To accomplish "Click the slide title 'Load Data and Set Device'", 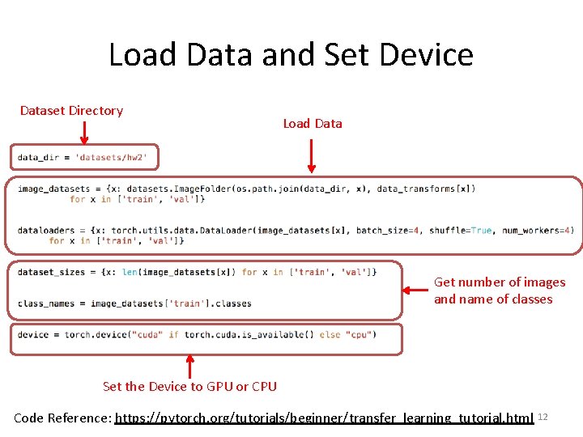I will [291, 55].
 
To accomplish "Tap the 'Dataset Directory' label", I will [71, 111].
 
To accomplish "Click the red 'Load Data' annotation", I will [313, 124].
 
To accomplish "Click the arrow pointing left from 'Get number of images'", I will [416, 289].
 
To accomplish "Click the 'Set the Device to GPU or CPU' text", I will [189, 387].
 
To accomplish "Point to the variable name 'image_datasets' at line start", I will [53, 189].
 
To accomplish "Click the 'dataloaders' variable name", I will [45, 231].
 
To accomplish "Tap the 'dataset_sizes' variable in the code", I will [51, 272].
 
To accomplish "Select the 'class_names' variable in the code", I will [45, 303].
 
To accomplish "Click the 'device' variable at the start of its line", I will [33, 334].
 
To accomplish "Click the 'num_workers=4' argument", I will [538, 231].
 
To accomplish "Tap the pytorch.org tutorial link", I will [324, 418].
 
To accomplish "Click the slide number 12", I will [543, 416].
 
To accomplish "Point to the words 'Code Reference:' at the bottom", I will [63, 418].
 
